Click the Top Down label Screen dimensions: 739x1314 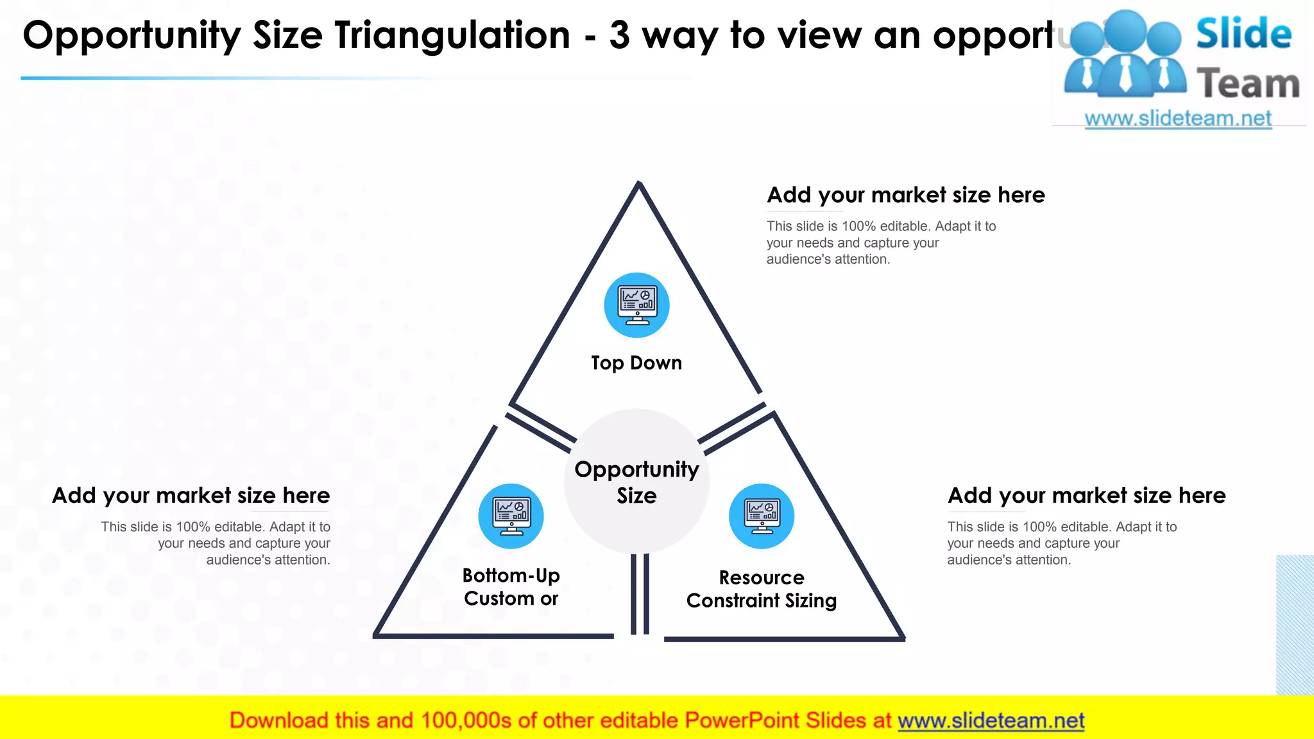point(636,363)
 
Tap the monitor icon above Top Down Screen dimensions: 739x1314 point(636,305)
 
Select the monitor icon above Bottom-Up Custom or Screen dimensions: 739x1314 point(511,516)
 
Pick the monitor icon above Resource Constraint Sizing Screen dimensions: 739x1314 point(762,516)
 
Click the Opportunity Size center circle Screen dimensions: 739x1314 point(636,482)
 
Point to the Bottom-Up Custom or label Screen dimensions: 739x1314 point(511,587)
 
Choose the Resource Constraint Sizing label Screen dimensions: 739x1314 point(762,589)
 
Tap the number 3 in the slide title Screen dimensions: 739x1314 point(619,35)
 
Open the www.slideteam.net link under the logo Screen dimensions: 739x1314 point(1178,119)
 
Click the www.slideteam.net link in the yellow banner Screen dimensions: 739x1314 point(991,720)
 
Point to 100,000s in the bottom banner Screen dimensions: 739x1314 point(466,720)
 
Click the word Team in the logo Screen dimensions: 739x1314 point(1248,84)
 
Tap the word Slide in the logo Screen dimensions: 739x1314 point(1243,34)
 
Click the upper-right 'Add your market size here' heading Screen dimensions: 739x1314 point(906,195)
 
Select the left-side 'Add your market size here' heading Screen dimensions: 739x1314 point(191,496)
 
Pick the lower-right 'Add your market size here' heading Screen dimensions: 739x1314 point(1087,496)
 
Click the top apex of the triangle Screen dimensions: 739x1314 point(638,185)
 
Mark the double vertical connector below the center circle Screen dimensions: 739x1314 point(640,593)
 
